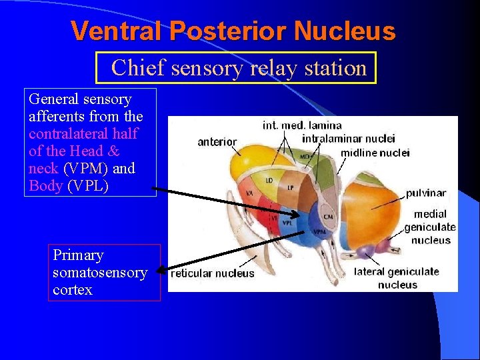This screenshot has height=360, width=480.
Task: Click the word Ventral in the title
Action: pyautogui.click(x=117, y=31)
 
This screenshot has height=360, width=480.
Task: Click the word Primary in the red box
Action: pyautogui.click(x=78, y=255)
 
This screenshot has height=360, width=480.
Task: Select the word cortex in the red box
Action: pyautogui.click(x=72, y=290)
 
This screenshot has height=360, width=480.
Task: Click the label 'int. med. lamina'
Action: pyautogui.click(x=302, y=125)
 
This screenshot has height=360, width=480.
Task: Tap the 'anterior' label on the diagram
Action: pyautogui.click(x=217, y=141)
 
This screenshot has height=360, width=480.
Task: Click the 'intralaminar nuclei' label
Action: pyautogui.click(x=348, y=139)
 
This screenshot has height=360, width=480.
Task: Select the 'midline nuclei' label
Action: pyautogui.click(x=375, y=153)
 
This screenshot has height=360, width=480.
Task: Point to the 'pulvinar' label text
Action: pyautogui.click(x=426, y=193)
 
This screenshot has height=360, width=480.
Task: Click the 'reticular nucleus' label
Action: pyautogui.click(x=213, y=273)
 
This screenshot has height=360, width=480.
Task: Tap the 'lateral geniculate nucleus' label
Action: pyautogui.click(x=397, y=277)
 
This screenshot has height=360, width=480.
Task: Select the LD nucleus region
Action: pyautogui.click(x=269, y=181)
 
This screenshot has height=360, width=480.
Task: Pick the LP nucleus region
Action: pyautogui.click(x=291, y=187)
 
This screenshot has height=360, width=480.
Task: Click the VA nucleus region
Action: pyautogui.click(x=250, y=193)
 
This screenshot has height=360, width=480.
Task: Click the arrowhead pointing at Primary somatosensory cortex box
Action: pyautogui.click(x=160, y=271)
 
